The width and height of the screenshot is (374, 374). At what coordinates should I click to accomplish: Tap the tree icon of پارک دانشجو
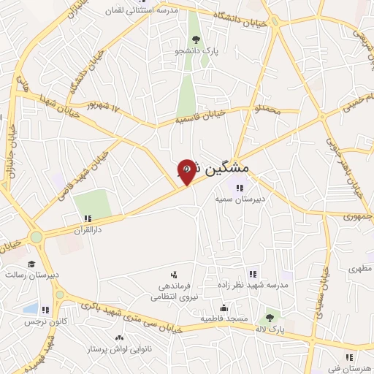[195, 39]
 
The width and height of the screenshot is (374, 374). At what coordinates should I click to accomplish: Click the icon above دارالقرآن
[88, 218]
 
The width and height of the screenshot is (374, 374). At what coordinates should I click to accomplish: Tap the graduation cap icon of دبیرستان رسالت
[31, 264]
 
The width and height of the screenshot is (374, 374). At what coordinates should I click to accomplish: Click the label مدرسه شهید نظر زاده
[253, 284]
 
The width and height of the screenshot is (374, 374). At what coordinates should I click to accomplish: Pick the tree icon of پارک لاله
[270, 317]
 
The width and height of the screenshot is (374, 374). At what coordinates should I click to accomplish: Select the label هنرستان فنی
[351, 368]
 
